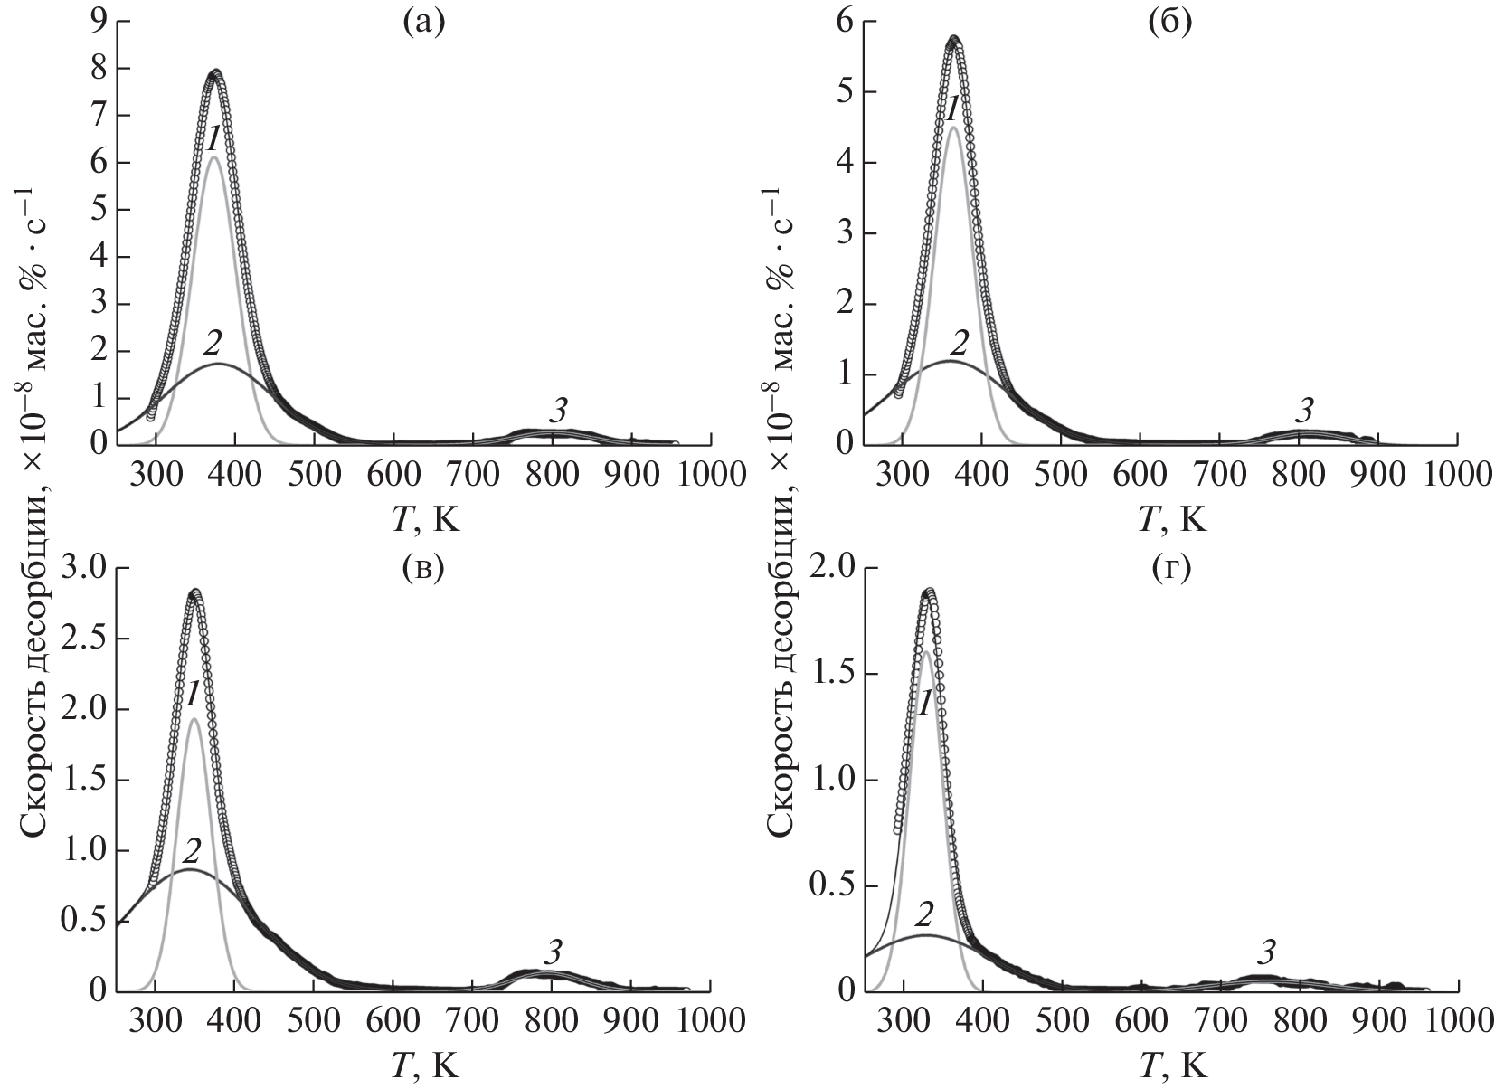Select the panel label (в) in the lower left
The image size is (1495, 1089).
(x=424, y=569)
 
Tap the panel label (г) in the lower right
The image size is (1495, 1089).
(x=1169, y=569)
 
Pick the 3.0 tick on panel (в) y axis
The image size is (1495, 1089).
(x=83, y=568)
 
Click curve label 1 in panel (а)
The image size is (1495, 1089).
(x=213, y=138)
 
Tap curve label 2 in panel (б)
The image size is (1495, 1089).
(x=960, y=342)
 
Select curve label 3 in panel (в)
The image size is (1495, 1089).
(x=553, y=952)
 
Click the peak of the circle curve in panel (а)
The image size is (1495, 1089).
(x=215, y=72)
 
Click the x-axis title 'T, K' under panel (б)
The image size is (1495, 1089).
(x=1171, y=519)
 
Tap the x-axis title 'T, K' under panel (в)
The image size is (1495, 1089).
(x=425, y=1065)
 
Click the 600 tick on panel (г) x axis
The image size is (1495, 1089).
(x=1140, y=1019)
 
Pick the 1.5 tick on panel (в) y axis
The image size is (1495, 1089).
(x=83, y=780)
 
